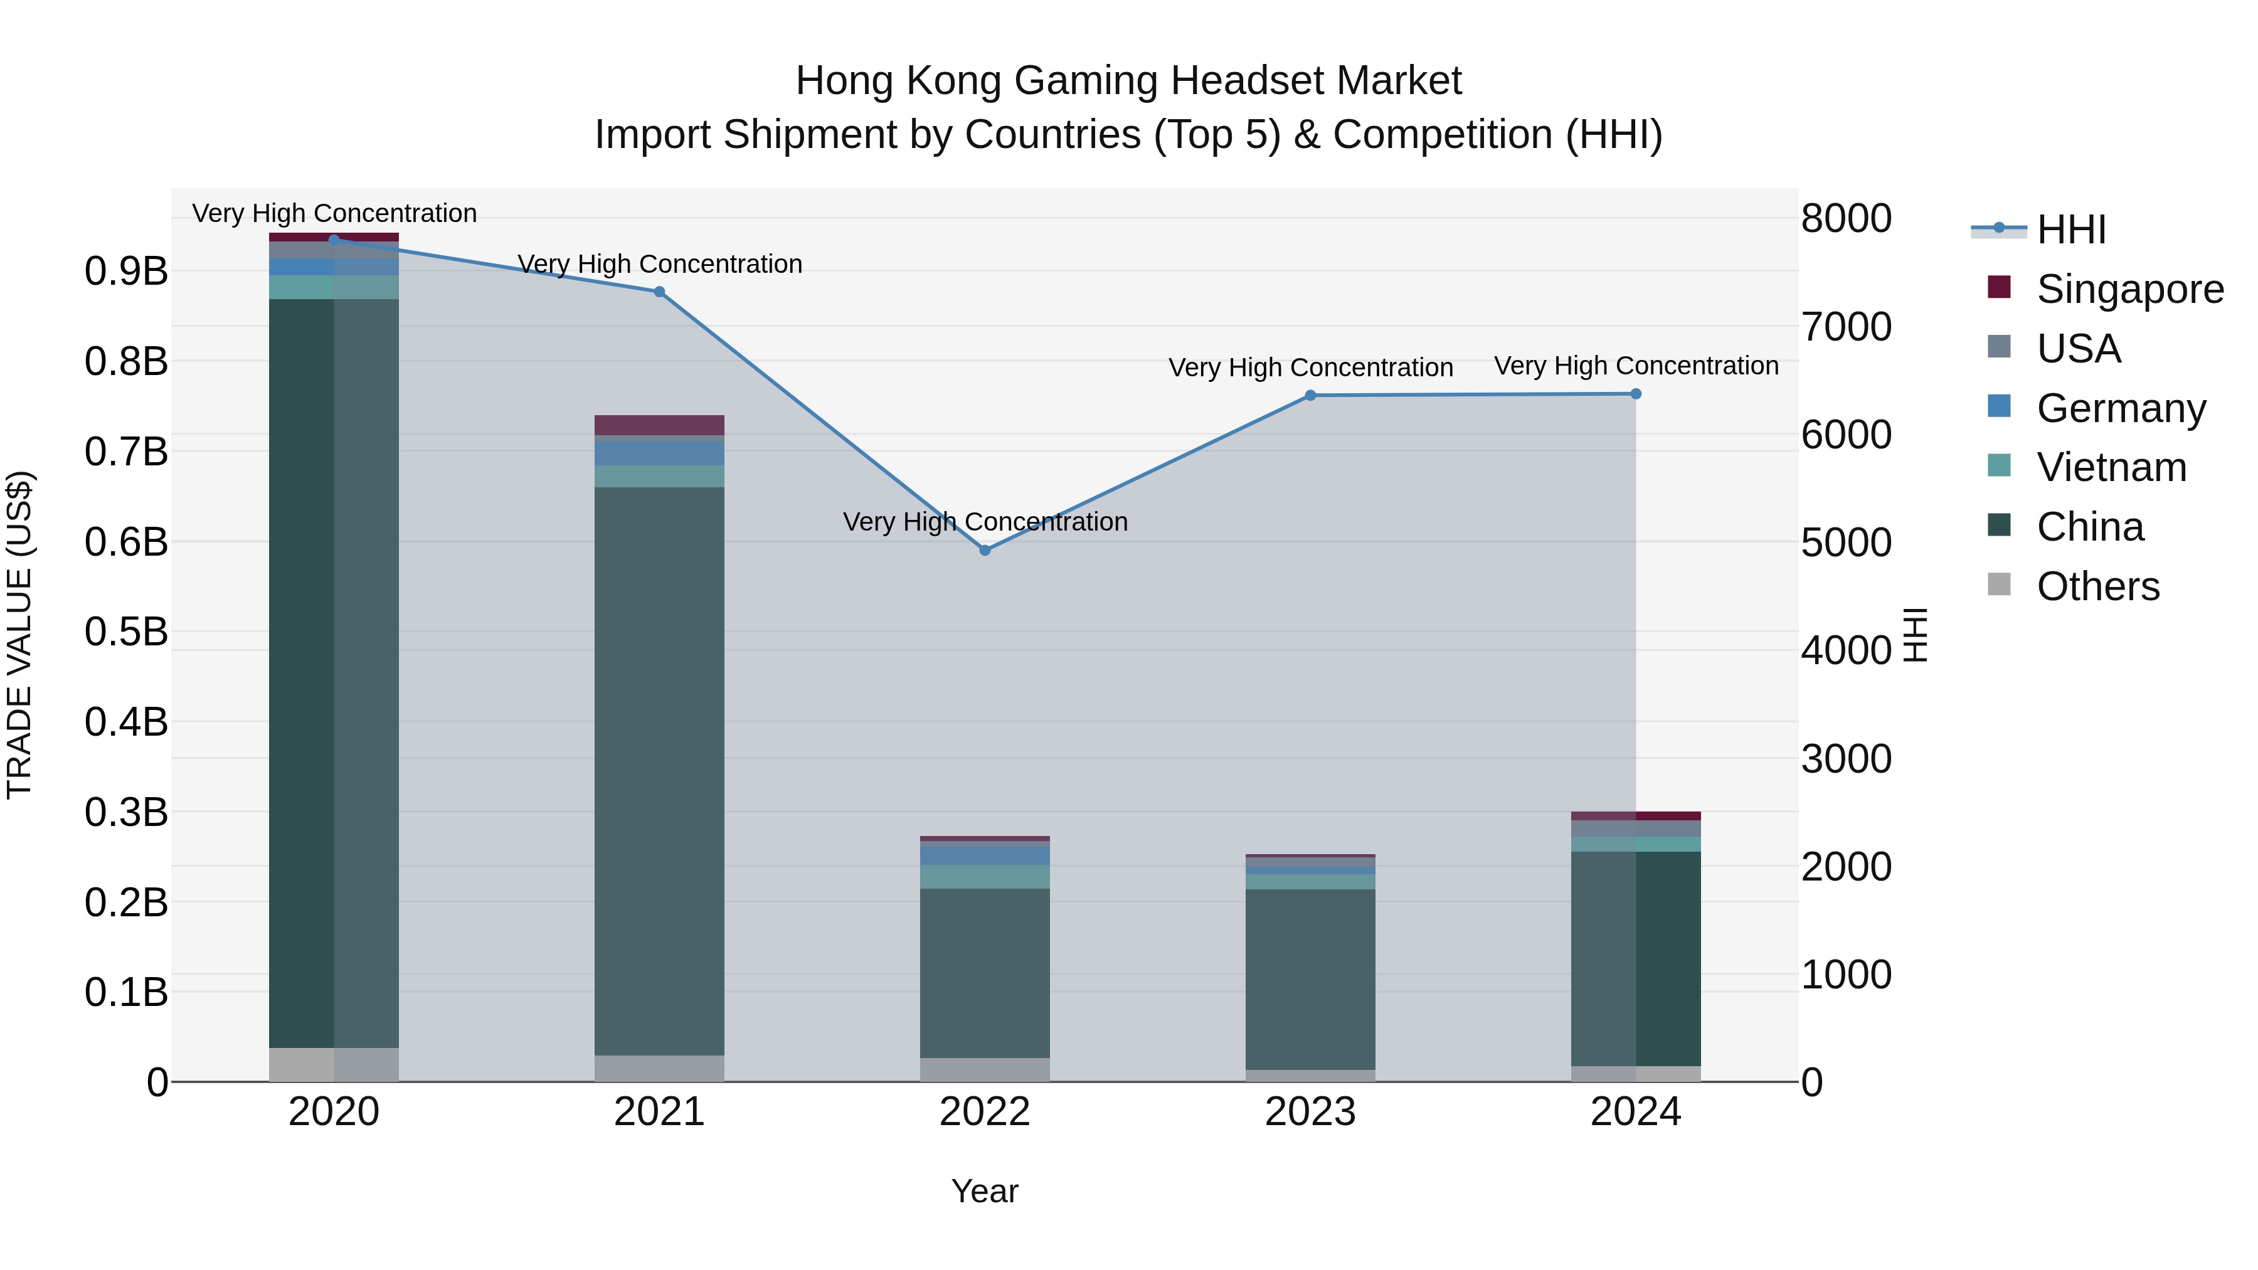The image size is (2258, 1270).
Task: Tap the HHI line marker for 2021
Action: (x=659, y=292)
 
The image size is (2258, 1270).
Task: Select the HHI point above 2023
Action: (x=1310, y=395)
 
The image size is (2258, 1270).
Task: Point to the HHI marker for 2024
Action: (x=1636, y=393)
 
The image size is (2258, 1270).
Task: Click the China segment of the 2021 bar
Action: (x=659, y=771)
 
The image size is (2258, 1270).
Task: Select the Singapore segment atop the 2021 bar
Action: (x=659, y=425)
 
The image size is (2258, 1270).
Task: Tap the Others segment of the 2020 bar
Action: (x=333, y=1064)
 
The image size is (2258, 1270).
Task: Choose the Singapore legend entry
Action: (x=2129, y=289)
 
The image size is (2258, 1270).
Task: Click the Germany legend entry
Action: (x=2121, y=408)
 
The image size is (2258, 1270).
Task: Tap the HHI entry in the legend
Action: (x=2070, y=230)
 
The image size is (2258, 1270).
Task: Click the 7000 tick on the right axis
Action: (x=1846, y=327)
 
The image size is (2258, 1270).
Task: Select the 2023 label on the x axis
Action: (x=1310, y=1112)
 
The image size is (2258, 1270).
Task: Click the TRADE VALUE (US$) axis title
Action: (x=19, y=635)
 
